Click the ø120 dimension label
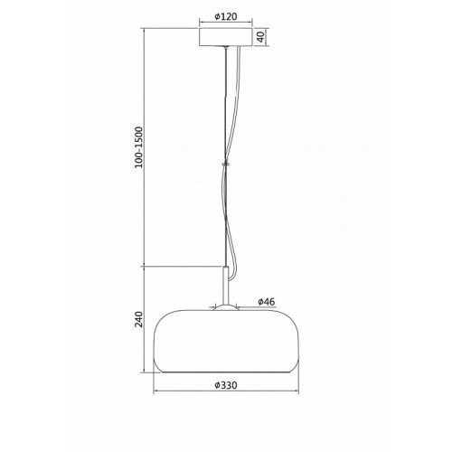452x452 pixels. (x=226, y=16)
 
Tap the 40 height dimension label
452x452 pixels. (x=261, y=37)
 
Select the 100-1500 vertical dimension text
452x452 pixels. (x=138, y=147)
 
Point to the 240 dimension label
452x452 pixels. (x=138, y=319)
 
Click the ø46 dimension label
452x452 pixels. (x=267, y=301)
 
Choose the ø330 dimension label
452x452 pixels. (x=226, y=385)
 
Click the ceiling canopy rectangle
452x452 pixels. (x=226, y=37)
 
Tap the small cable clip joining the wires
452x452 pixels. (x=225, y=165)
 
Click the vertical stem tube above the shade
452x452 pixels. (x=225, y=286)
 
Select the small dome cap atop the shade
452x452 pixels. (x=226, y=307)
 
